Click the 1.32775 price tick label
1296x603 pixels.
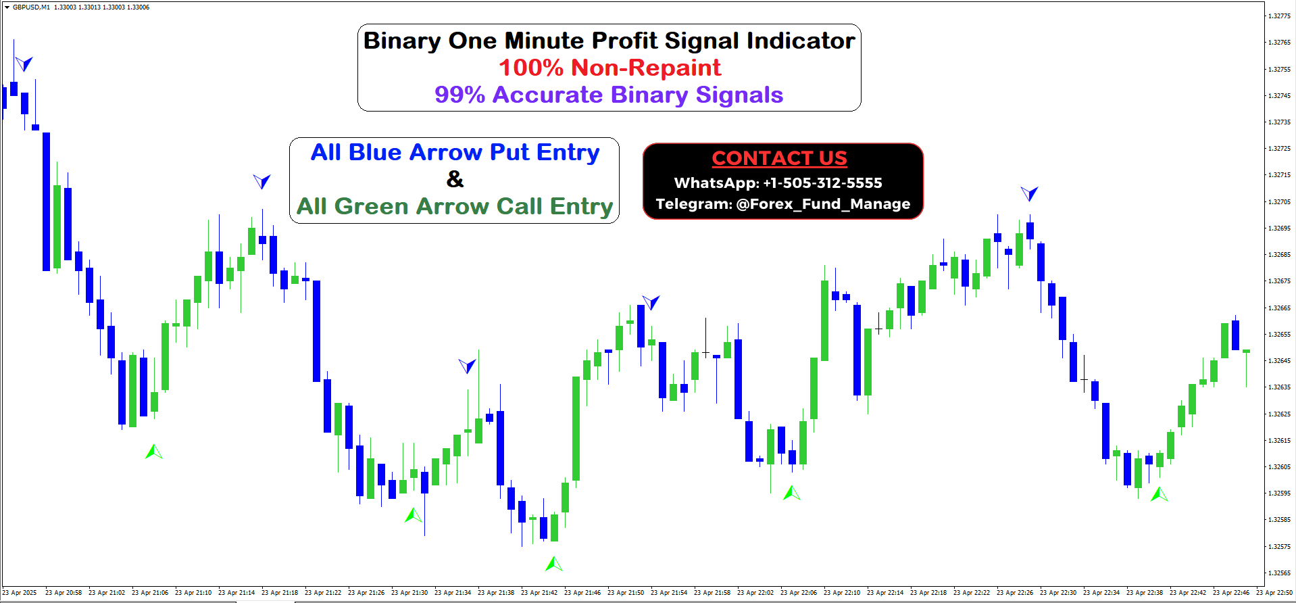(1279, 16)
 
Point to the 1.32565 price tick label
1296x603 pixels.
(1279, 573)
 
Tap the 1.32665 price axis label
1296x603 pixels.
(1279, 308)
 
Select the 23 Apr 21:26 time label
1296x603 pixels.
(366, 593)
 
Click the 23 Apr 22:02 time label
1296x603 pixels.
(755, 593)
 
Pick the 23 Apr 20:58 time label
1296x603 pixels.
(64, 593)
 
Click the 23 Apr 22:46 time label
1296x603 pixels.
(1231, 593)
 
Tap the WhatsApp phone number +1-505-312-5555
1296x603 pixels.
(822, 183)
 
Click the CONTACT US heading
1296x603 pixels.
(779, 158)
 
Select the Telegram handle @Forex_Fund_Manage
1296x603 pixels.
(823, 204)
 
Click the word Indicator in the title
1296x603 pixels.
(801, 41)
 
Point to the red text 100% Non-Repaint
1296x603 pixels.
(609, 68)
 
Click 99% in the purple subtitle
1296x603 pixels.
(459, 95)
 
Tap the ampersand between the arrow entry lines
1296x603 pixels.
(455, 179)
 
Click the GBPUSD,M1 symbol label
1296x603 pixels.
(31, 7)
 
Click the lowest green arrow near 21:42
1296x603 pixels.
(554, 563)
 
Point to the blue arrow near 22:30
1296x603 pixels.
(1029, 194)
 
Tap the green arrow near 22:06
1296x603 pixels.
(791, 493)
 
